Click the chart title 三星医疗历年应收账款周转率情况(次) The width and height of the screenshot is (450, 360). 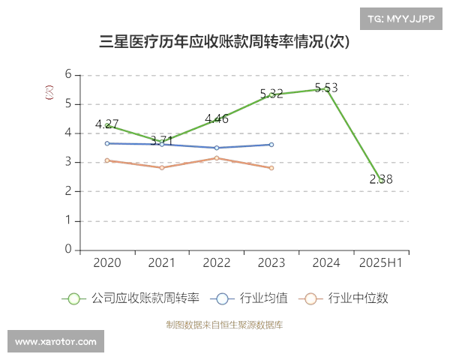(x=224, y=42)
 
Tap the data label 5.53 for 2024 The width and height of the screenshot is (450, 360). (x=325, y=88)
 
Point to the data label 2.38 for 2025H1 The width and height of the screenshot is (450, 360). (x=381, y=179)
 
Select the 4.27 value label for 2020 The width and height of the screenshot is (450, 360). (x=107, y=124)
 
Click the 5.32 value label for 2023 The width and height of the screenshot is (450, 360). (x=271, y=94)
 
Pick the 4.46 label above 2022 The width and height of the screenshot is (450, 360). (x=217, y=118)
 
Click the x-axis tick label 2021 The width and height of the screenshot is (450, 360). (x=162, y=262)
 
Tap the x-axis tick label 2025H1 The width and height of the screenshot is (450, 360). (x=381, y=262)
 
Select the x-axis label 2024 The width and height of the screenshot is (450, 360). (x=326, y=262)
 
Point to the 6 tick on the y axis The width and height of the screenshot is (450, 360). (x=68, y=74)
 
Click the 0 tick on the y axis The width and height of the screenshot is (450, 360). (x=68, y=250)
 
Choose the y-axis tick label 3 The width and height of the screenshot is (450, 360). (x=68, y=162)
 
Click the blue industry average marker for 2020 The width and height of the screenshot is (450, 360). (x=107, y=143)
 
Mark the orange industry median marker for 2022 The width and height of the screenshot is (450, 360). (x=217, y=158)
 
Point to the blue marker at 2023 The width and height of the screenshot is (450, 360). (x=271, y=145)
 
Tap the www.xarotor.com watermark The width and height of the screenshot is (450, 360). (x=56, y=342)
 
